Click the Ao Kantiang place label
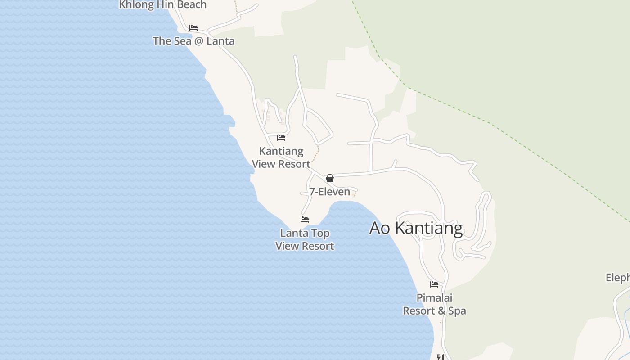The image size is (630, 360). tap(416, 228)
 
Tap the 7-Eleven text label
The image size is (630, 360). tap(329, 192)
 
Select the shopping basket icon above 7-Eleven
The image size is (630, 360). tap(330, 178)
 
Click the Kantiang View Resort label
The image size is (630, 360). tap(281, 157)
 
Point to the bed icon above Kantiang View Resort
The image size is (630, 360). tap(281, 138)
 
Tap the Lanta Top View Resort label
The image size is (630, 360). tap(305, 239)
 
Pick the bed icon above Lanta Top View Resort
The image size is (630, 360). tap(305, 220)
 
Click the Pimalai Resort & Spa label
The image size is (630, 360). tap(434, 304)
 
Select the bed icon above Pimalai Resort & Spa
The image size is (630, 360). tap(434, 284)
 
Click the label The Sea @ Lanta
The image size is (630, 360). tap(193, 41)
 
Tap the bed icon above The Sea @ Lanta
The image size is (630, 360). tap(193, 28)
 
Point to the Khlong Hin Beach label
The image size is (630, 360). tap(162, 5)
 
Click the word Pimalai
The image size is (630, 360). tap(434, 298)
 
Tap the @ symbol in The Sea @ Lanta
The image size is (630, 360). tap(193, 41)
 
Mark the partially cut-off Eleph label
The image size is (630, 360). tap(618, 278)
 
